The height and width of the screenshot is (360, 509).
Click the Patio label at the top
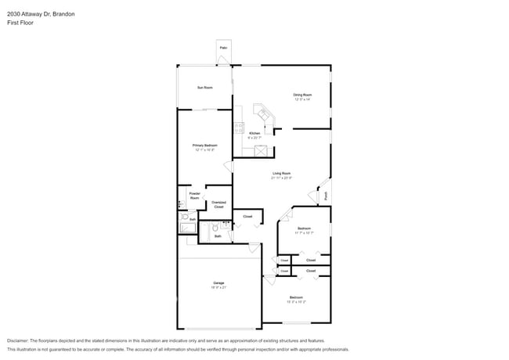click(223, 48)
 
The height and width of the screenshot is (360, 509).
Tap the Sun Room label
click(205, 88)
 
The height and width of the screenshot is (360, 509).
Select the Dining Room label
click(302, 95)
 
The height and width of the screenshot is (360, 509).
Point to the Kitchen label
click(254, 133)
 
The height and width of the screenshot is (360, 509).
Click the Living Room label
click(282, 173)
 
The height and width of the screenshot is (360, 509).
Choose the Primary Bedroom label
click(205, 146)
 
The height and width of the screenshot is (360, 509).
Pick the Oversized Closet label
click(218, 204)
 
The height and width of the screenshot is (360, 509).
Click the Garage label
click(218, 283)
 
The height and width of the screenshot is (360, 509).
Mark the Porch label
click(327, 196)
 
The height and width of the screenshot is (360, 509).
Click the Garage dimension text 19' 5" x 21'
click(218, 287)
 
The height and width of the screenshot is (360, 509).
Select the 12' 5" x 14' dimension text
click(302, 99)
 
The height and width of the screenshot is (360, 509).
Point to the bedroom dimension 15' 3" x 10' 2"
click(296, 302)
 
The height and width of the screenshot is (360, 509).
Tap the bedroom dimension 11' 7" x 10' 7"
click(304, 232)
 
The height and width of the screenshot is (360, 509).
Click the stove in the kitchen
click(237, 128)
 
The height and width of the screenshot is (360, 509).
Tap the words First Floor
click(20, 23)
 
